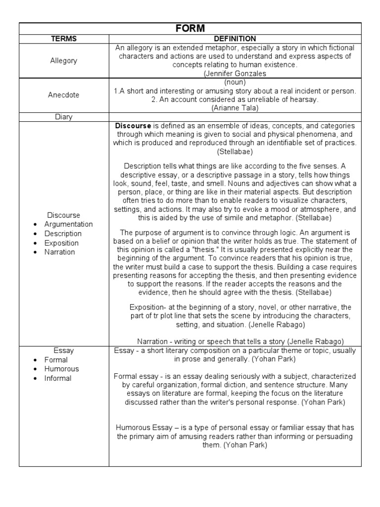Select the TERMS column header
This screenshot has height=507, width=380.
tap(64, 39)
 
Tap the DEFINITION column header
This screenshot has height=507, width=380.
tap(235, 39)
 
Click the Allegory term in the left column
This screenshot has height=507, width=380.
tap(64, 60)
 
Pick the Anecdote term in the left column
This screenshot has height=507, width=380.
tap(64, 95)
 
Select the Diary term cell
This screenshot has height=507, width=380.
tap(64, 117)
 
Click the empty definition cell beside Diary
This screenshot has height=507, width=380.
tap(235, 117)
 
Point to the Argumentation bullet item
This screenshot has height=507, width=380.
tap(68, 224)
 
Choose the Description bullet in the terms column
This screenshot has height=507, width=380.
tap(63, 234)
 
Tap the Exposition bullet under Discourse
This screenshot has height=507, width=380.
tap(61, 243)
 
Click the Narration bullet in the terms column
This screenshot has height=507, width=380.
tap(59, 252)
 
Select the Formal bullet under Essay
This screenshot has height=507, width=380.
tap(56, 360)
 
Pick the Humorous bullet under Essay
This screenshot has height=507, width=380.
tap(61, 369)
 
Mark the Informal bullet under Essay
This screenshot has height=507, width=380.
tap(58, 378)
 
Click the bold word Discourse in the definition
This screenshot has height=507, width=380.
tap(133, 126)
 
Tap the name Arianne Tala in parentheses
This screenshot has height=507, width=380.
tap(235, 107)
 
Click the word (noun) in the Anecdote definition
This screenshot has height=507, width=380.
tap(235, 82)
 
